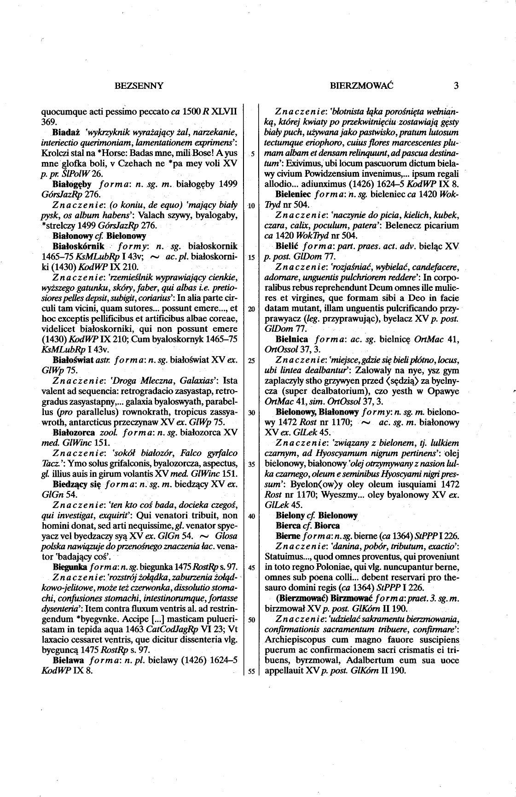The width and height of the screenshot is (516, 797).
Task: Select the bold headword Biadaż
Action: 66,133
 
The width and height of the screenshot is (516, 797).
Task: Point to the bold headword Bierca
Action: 289,526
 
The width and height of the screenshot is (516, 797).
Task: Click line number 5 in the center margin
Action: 252,153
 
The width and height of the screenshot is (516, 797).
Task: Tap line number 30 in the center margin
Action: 251,412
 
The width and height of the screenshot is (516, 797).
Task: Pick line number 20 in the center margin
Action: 251,309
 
